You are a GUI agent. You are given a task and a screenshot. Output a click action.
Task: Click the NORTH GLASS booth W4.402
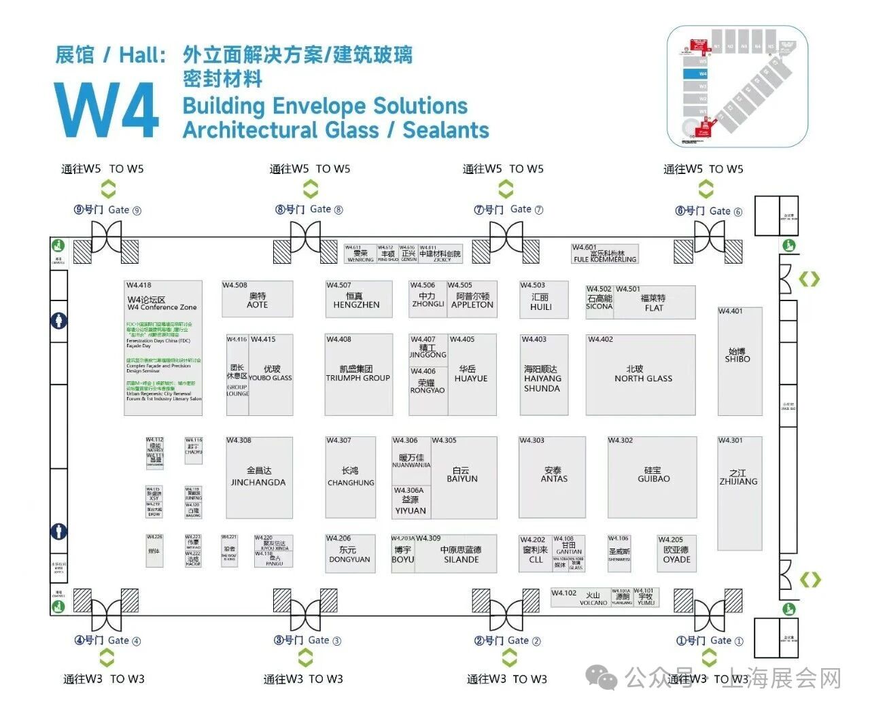tap(641, 375)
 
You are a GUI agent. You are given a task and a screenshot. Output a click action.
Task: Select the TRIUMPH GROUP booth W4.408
tap(358, 375)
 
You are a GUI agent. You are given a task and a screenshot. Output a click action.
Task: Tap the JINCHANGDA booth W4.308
tap(259, 477)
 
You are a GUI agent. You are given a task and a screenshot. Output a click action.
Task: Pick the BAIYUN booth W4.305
tap(464, 476)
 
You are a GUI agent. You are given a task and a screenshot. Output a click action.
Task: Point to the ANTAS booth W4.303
tap(552, 476)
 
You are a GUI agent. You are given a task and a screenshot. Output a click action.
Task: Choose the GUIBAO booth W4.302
tap(652, 476)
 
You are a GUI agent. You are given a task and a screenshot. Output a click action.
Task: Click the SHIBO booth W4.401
tap(739, 361)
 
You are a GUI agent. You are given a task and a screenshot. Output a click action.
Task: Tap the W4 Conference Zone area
tap(163, 347)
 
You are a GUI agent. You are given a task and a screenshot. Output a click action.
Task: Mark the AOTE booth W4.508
tap(258, 299)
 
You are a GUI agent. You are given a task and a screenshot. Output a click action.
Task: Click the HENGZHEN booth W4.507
tap(359, 299)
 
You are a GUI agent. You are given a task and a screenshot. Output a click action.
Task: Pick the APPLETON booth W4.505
tap(472, 299)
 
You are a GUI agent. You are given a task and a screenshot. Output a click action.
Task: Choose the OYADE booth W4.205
tap(677, 554)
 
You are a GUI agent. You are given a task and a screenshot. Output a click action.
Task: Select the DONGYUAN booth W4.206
tap(350, 554)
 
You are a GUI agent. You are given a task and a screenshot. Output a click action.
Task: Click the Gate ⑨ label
tap(107, 210)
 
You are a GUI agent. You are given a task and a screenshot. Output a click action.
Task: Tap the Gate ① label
tap(710, 640)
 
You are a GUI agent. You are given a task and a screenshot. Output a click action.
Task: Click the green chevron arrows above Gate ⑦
tap(503, 189)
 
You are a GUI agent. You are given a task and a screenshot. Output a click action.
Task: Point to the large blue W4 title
tap(107, 111)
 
